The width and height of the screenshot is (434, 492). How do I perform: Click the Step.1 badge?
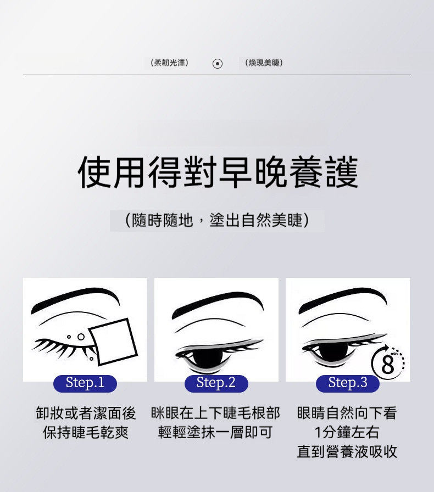point(85,383)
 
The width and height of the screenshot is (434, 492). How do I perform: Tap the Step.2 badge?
point(216,383)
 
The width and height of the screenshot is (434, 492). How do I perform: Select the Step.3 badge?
point(347,383)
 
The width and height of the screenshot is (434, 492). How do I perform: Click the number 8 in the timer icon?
point(387,365)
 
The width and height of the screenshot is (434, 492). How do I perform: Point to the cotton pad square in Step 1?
point(113,342)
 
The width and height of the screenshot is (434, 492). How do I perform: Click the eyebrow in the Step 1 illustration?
point(75,299)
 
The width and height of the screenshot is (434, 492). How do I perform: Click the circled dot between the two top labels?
point(218,64)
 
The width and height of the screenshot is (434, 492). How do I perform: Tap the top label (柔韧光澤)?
point(170,63)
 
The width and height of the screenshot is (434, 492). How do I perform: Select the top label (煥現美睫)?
point(264,63)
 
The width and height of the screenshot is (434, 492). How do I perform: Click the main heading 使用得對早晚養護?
point(218,172)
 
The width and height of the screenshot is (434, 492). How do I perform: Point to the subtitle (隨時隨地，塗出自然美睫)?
point(217,220)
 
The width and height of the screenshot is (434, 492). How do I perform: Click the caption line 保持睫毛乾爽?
point(86,432)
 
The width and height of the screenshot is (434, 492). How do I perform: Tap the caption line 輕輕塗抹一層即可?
point(215,432)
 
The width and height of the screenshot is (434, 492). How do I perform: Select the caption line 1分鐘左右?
point(347,432)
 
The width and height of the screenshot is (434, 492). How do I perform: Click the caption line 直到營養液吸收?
point(347,451)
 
